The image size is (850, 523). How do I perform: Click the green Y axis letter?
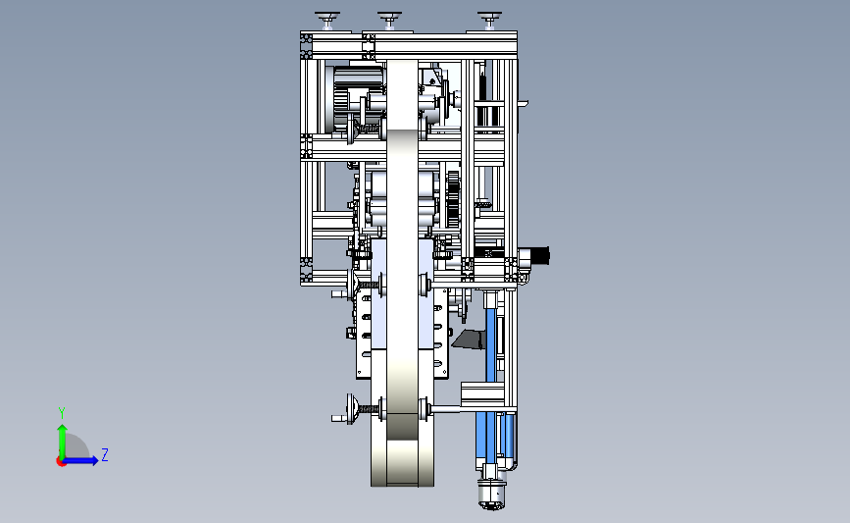coord(62,413)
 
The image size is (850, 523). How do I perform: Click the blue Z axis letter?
coord(105,454)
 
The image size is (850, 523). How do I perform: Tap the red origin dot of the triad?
coord(61,462)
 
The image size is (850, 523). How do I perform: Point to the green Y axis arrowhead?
coord(63,430)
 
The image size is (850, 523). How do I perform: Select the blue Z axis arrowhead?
coord(94,460)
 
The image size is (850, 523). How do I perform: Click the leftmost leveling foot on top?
coord(327,20)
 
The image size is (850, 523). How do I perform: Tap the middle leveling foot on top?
coord(389,20)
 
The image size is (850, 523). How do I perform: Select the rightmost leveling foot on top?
coord(489,20)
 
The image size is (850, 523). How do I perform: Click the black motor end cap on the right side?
coord(541,255)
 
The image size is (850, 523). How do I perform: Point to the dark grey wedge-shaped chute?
coord(470,340)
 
